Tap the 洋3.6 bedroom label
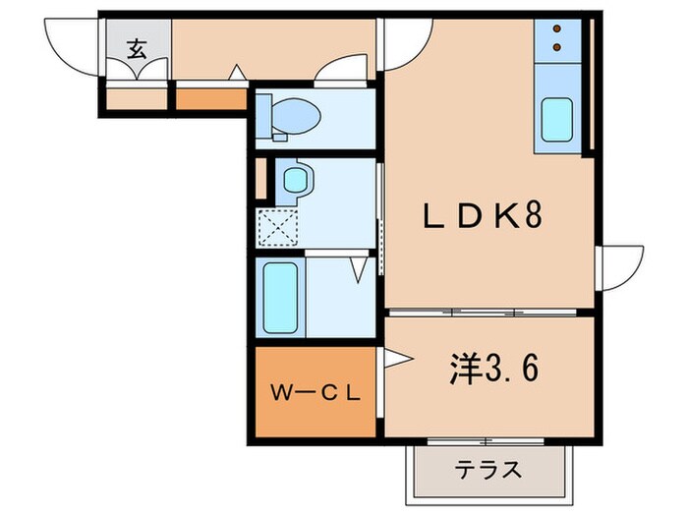pyautogui.click(x=491, y=371)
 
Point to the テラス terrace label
pyautogui.click(x=487, y=470)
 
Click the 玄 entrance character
pyautogui.click(x=138, y=48)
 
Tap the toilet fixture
pyautogui.click(x=295, y=116)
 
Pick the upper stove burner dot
pyautogui.click(x=557, y=29)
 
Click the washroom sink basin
pyautogui.click(x=295, y=180)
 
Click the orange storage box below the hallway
pyautogui.click(x=209, y=98)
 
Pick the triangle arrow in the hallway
pyautogui.click(x=236, y=72)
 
